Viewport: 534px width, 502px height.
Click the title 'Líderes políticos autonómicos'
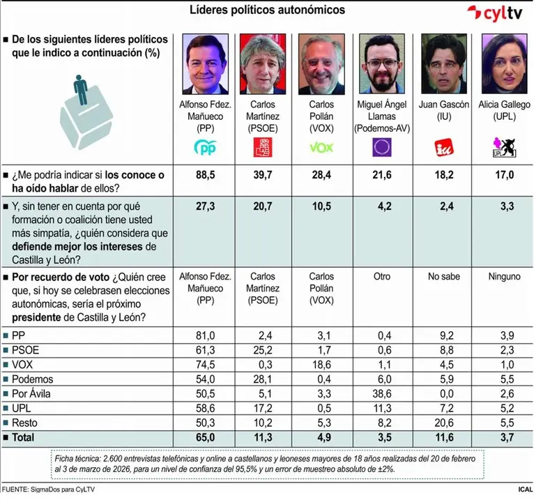click(x=267, y=10)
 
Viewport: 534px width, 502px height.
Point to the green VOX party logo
click(x=321, y=148)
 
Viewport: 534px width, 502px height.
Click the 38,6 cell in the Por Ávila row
click(x=381, y=393)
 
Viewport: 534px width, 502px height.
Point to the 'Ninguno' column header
click(x=502, y=277)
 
